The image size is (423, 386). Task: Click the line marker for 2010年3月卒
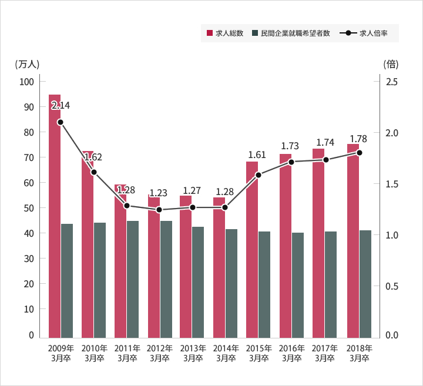[x=93, y=172]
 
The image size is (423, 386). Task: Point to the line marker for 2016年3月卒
[x=291, y=162]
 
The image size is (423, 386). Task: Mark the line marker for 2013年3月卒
[x=192, y=207]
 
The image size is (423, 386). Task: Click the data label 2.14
[x=61, y=106]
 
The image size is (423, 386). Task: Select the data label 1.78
[x=358, y=139]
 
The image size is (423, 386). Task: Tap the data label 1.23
[x=158, y=193]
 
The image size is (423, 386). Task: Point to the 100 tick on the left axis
[x=27, y=82]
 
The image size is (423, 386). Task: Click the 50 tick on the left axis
[x=29, y=208]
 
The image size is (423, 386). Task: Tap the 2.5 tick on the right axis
[x=392, y=82]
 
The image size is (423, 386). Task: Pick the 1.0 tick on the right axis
[x=392, y=235]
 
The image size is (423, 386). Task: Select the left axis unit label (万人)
[x=27, y=64]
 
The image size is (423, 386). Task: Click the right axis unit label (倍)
[x=391, y=64]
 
